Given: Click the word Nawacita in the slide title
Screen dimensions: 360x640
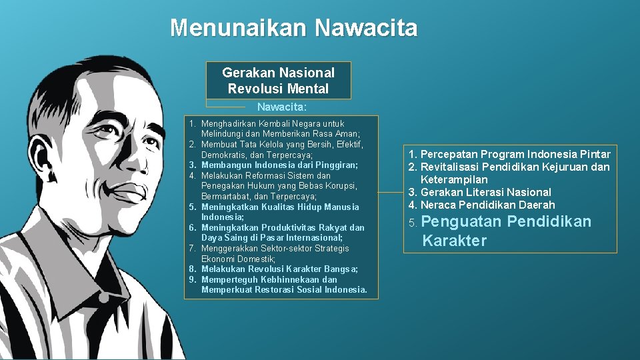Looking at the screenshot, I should [366, 28].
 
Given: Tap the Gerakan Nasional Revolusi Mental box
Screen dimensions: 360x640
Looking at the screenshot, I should [278, 81].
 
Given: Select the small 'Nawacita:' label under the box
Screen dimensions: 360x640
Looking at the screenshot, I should [282, 107].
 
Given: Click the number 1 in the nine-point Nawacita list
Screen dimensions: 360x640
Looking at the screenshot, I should [191, 124].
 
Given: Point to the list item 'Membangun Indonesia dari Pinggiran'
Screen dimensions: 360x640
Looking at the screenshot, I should [279, 165].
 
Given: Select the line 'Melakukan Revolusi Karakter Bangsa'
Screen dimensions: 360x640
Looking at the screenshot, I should [279, 269].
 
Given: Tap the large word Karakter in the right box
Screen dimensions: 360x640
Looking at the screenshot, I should [455, 241].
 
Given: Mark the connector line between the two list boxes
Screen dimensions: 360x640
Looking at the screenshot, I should [390, 192].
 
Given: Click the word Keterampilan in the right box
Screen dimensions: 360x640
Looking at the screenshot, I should [454, 179].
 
